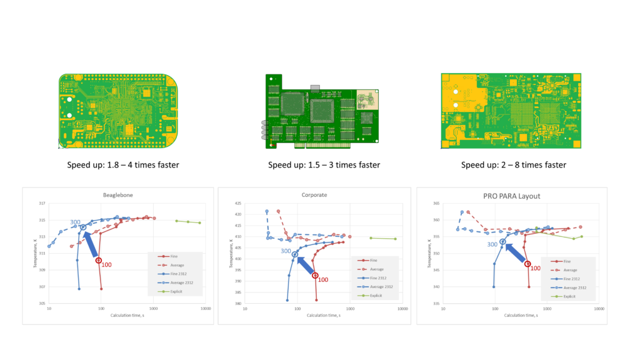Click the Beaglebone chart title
[117, 196]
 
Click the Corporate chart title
[315, 196]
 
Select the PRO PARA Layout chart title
[512, 196]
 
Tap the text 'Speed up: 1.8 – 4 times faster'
[122, 165]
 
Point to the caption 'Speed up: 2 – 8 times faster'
[513, 165]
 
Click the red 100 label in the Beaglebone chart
[107, 265]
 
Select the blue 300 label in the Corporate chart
[285, 251]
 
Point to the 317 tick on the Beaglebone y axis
[42, 204]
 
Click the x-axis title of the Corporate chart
[323, 315]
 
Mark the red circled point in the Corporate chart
[315, 275]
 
